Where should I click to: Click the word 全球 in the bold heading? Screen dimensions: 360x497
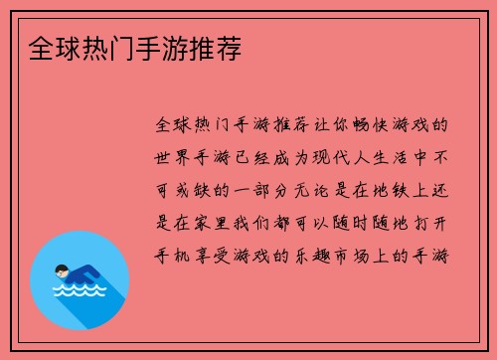point(44,47)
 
